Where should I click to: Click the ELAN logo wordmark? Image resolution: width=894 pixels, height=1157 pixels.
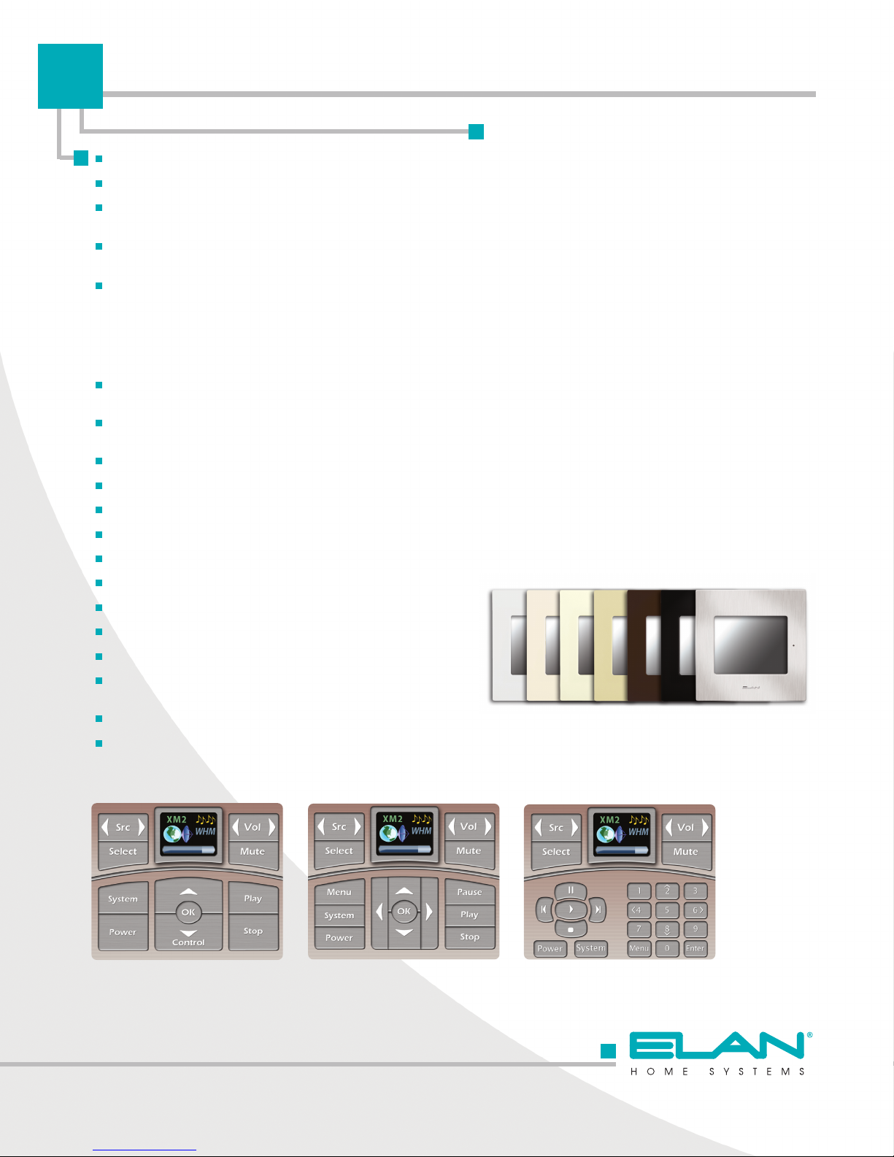717,1045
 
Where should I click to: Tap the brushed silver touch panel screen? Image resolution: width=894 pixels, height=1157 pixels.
750,645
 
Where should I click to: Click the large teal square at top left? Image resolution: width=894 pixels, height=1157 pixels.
70,76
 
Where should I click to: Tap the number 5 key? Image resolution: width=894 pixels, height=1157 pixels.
667,910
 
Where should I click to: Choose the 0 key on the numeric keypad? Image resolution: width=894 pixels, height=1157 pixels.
667,948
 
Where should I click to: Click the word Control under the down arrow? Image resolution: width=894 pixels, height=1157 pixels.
188,942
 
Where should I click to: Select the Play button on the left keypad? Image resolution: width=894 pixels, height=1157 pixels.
253,899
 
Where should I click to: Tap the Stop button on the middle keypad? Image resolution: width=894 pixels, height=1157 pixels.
470,937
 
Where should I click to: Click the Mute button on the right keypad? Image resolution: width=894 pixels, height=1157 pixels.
685,852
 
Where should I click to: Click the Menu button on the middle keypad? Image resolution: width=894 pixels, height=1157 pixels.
339,892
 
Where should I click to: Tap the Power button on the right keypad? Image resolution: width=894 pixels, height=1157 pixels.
550,949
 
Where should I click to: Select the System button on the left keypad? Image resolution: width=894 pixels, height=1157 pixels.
123,899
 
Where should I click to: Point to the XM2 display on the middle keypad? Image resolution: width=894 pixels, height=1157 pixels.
404,833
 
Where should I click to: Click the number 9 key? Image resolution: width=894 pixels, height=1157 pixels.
695,929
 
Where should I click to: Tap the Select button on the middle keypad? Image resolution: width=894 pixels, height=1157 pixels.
339,851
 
